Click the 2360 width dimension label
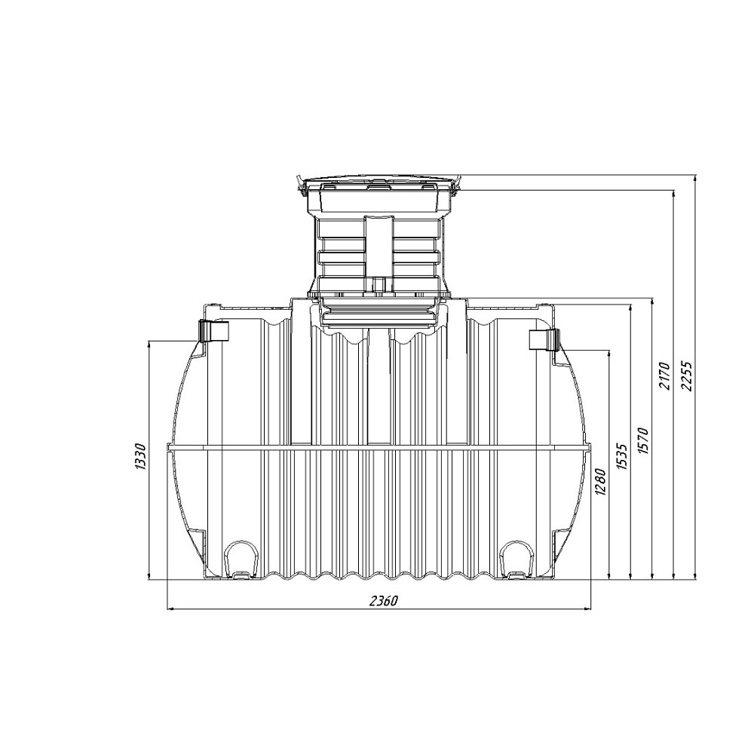pos(383,601)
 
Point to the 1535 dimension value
pos(622,457)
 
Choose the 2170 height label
pos(664,376)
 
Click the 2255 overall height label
pos(686,376)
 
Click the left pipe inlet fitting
pos(213,330)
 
